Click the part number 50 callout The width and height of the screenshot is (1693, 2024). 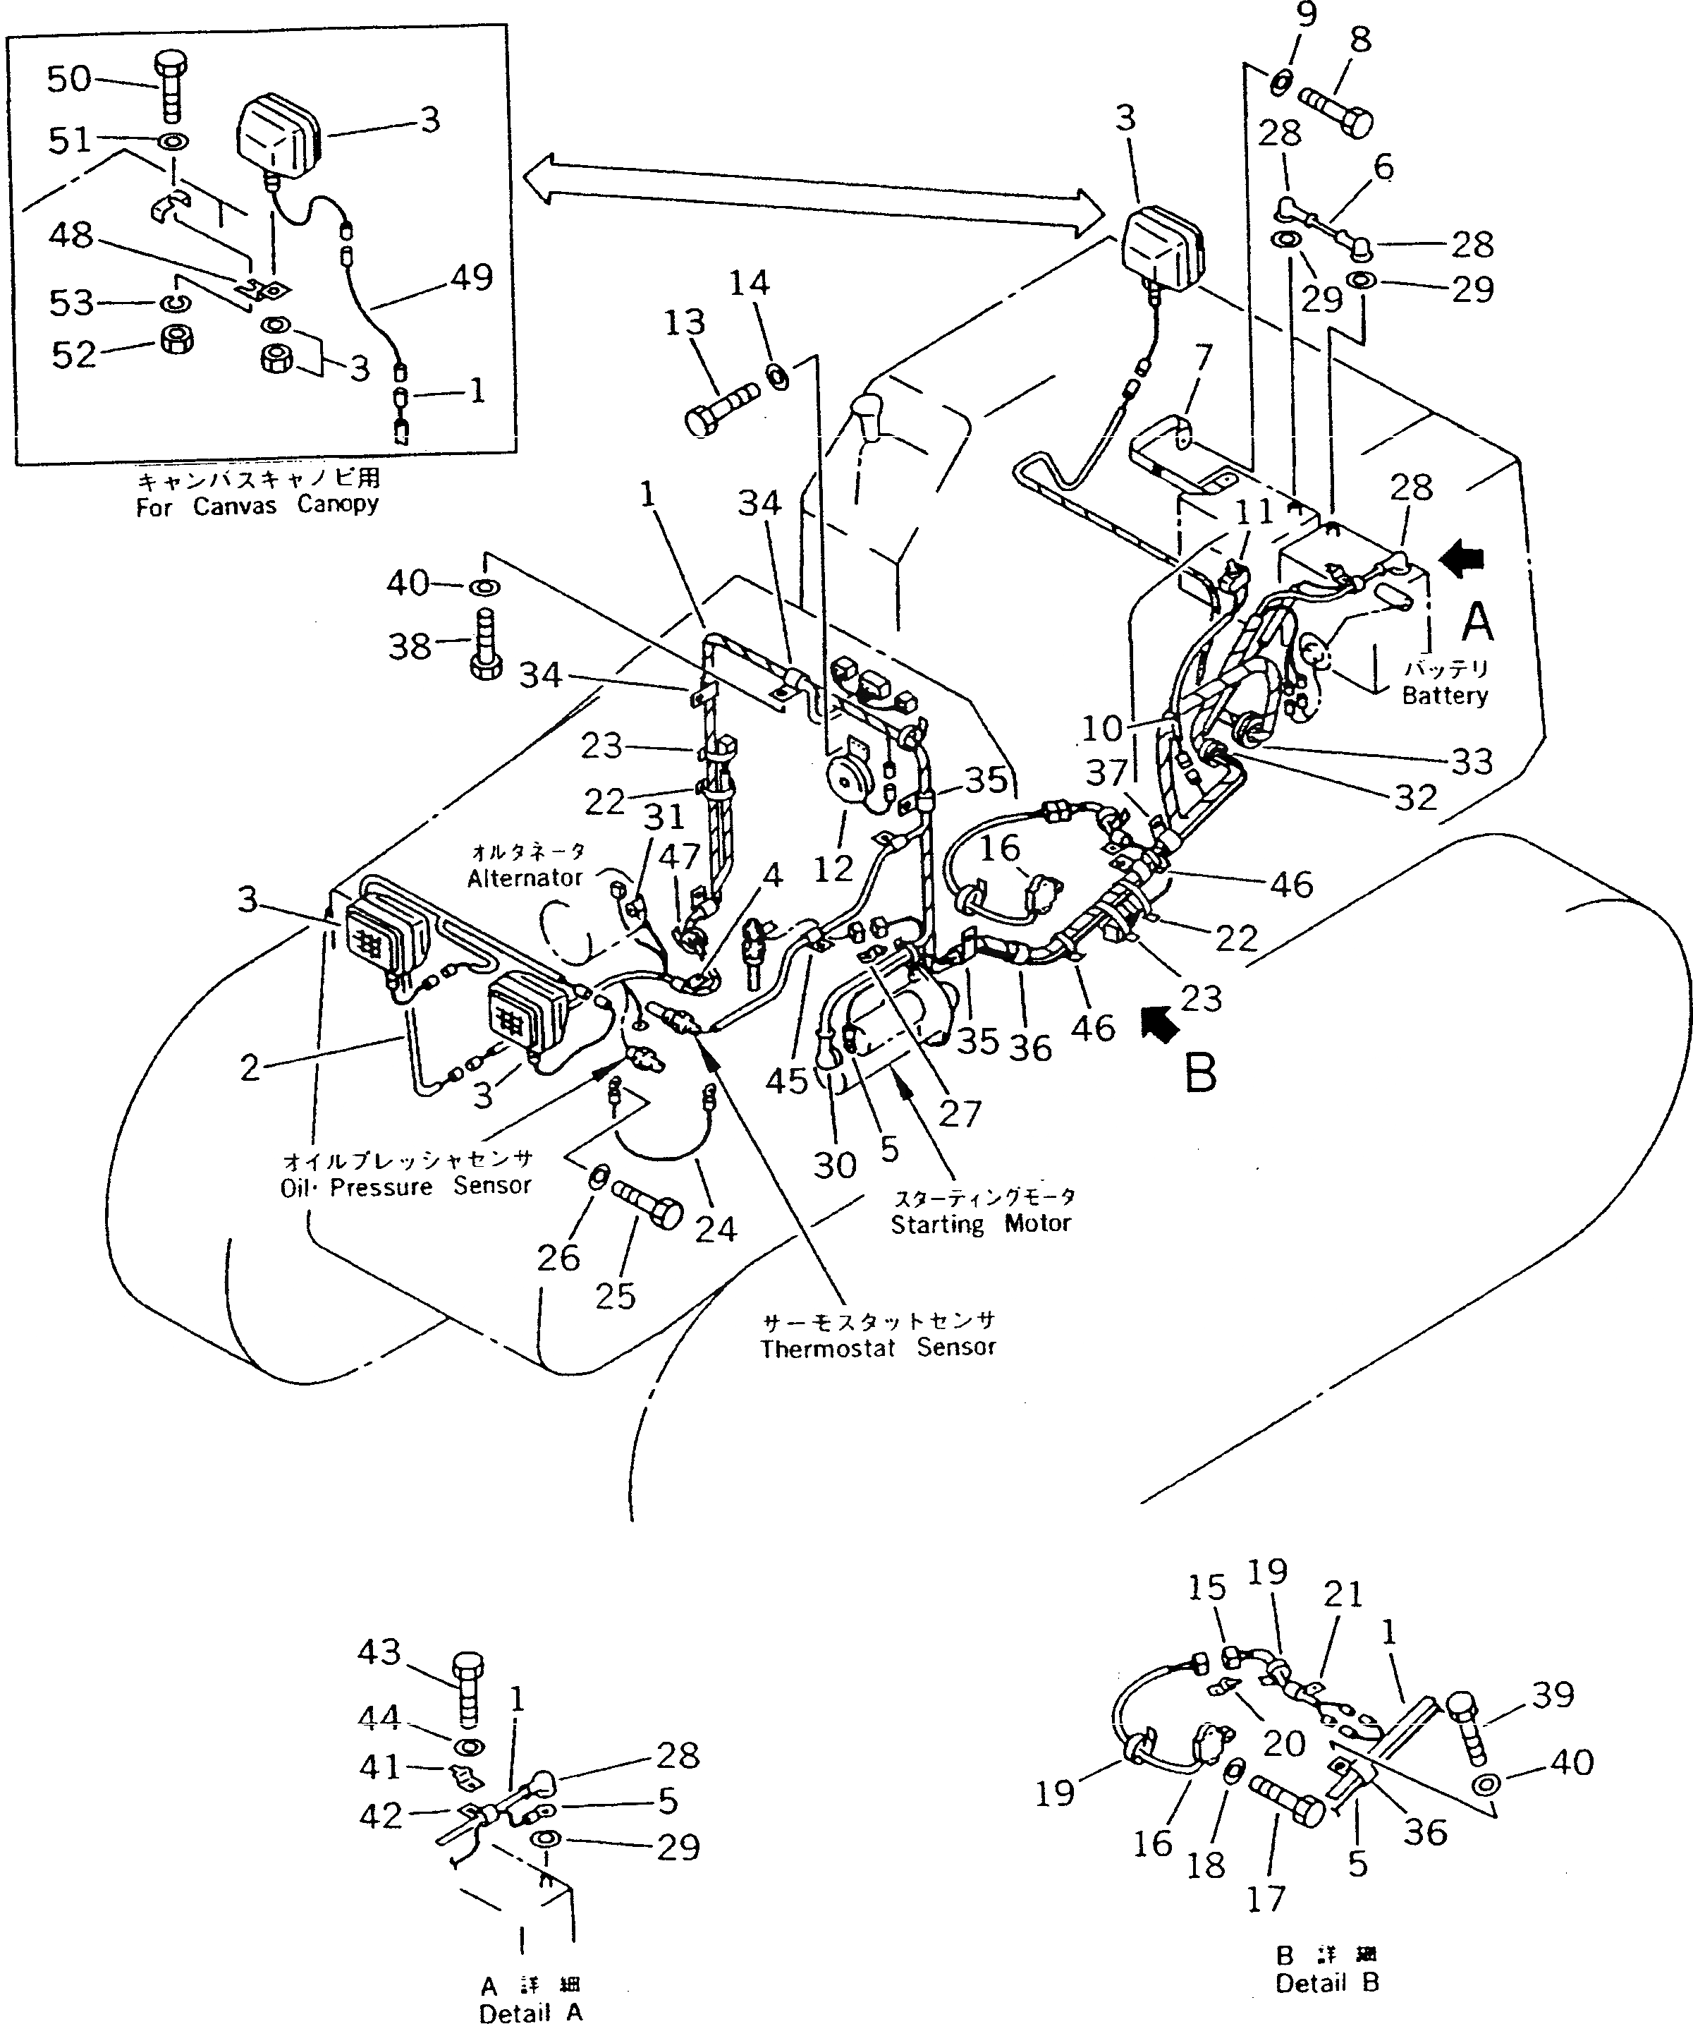(x=69, y=79)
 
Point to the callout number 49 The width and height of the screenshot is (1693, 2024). (x=471, y=277)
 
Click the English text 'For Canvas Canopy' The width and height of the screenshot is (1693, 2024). (x=257, y=506)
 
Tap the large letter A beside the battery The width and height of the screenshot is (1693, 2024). (x=1477, y=622)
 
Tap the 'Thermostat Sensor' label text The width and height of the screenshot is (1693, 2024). (x=878, y=1347)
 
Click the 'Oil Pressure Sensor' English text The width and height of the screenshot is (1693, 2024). (x=405, y=1187)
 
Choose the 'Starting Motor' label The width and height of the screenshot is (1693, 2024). (x=980, y=1224)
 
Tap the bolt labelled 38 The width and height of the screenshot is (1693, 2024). (x=484, y=646)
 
